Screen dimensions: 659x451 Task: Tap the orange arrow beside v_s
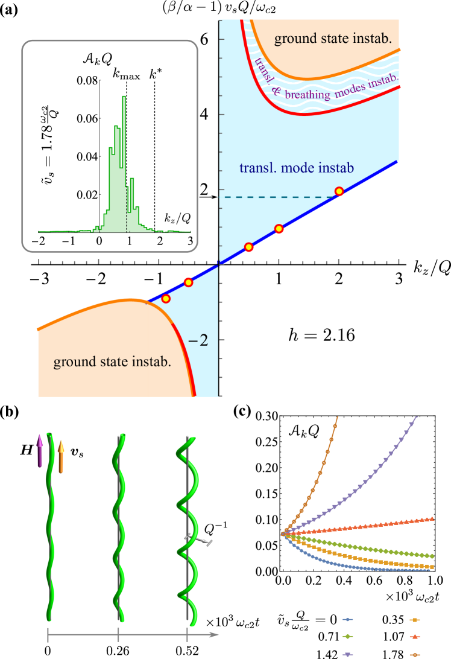(x=60, y=455)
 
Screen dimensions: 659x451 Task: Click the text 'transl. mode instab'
(x=296, y=168)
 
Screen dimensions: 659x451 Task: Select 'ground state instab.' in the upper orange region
(x=333, y=39)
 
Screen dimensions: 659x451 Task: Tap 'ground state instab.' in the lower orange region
(x=112, y=362)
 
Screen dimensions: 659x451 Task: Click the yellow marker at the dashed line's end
(x=339, y=191)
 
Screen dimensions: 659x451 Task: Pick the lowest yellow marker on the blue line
(x=166, y=299)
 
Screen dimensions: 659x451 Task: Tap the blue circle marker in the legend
(x=347, y=620)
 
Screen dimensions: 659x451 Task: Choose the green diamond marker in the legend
(x=347, y=637)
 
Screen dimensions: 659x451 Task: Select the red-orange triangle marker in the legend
(x=415, y=637)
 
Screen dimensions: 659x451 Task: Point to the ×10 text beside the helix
(x=215, y=622)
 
